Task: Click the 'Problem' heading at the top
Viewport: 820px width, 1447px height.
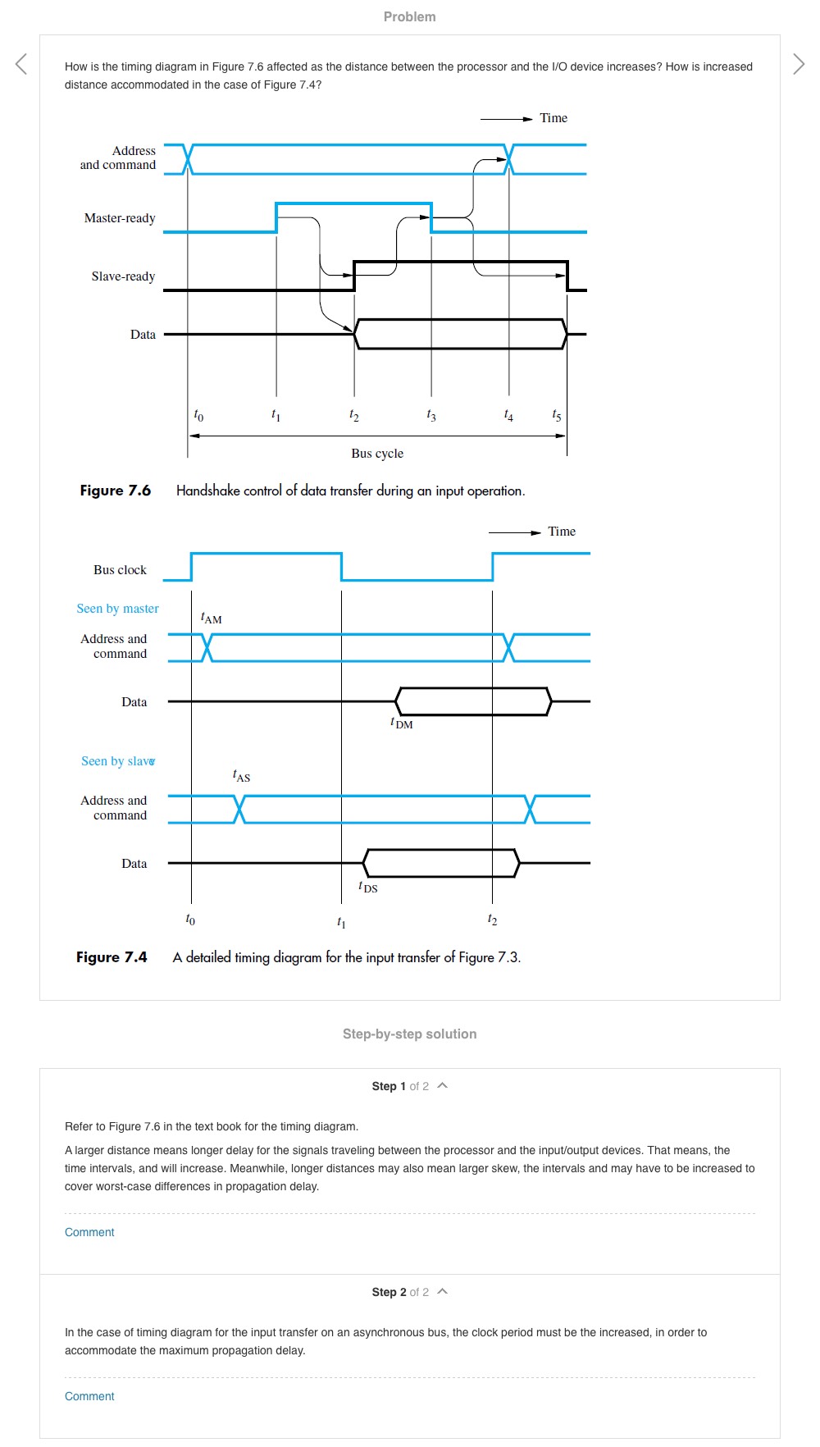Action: click(409, 16)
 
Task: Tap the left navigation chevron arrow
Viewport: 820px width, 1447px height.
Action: click(21, 64)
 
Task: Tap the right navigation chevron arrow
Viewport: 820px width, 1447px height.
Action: click(799, 64)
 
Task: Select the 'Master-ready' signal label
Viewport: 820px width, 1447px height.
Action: click(120, 218)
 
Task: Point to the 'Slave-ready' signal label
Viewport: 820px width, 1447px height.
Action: click(123, 276)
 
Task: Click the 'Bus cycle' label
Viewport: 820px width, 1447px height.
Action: click(377, 454)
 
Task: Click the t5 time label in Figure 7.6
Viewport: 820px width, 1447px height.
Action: click(557, 416)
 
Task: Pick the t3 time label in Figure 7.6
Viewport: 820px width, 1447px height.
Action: click(431, 416)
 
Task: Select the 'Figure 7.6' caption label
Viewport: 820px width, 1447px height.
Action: click(116, 491)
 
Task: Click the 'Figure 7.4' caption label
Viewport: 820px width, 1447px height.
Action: click(112, 957)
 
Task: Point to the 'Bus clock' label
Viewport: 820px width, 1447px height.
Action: click(120, 570)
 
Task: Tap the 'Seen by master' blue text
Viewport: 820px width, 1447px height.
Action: click(117, 609)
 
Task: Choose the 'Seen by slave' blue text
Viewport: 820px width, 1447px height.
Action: click(117, 761)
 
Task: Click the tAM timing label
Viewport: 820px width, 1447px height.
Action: click(212, 619)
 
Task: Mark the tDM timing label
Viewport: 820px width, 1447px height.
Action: click(402, 723)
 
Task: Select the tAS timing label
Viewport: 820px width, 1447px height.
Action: click(241, 776)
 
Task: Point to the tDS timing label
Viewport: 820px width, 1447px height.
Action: click(368, 888)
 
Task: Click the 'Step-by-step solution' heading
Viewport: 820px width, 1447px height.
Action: click(409, 1034)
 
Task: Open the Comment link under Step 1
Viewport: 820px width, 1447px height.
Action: click(89, 1232)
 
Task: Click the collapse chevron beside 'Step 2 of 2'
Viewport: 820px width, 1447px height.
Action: click(443, 1291)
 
